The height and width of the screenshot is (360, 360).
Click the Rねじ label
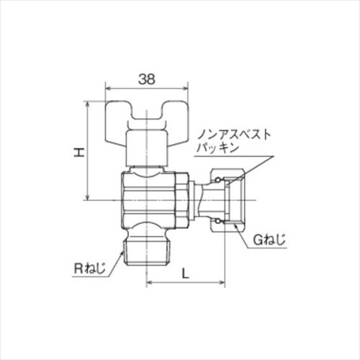(91, 269)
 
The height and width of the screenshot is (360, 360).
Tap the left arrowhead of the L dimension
(150, 282)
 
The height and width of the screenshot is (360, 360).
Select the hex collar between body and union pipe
(184, 199)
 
